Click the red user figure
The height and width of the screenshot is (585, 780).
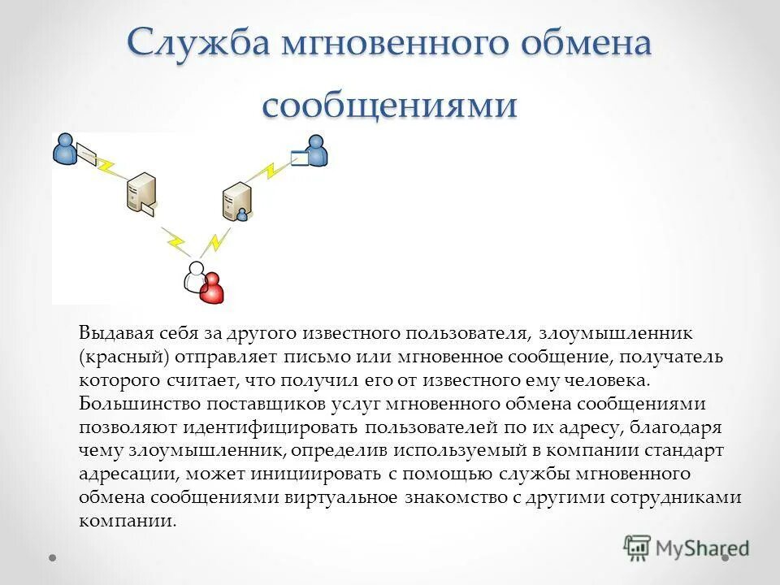tap(213, 286)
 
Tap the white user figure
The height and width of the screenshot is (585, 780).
tap(195, 276)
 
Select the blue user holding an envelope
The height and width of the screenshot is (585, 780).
tap(64, 149)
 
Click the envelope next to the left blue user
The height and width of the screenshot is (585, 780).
tap(86, 153)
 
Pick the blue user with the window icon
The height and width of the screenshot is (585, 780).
tap(316, 149)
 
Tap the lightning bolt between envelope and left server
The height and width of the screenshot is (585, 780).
tap(105, 167)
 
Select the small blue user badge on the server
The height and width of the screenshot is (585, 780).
tap(242, 214)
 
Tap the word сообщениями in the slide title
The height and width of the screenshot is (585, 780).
tap(389, 106)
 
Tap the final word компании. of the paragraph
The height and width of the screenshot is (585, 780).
tap(128, 521)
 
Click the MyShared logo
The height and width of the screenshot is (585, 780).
tap(687, 547)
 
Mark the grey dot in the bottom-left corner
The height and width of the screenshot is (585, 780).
tap(53, 559)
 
